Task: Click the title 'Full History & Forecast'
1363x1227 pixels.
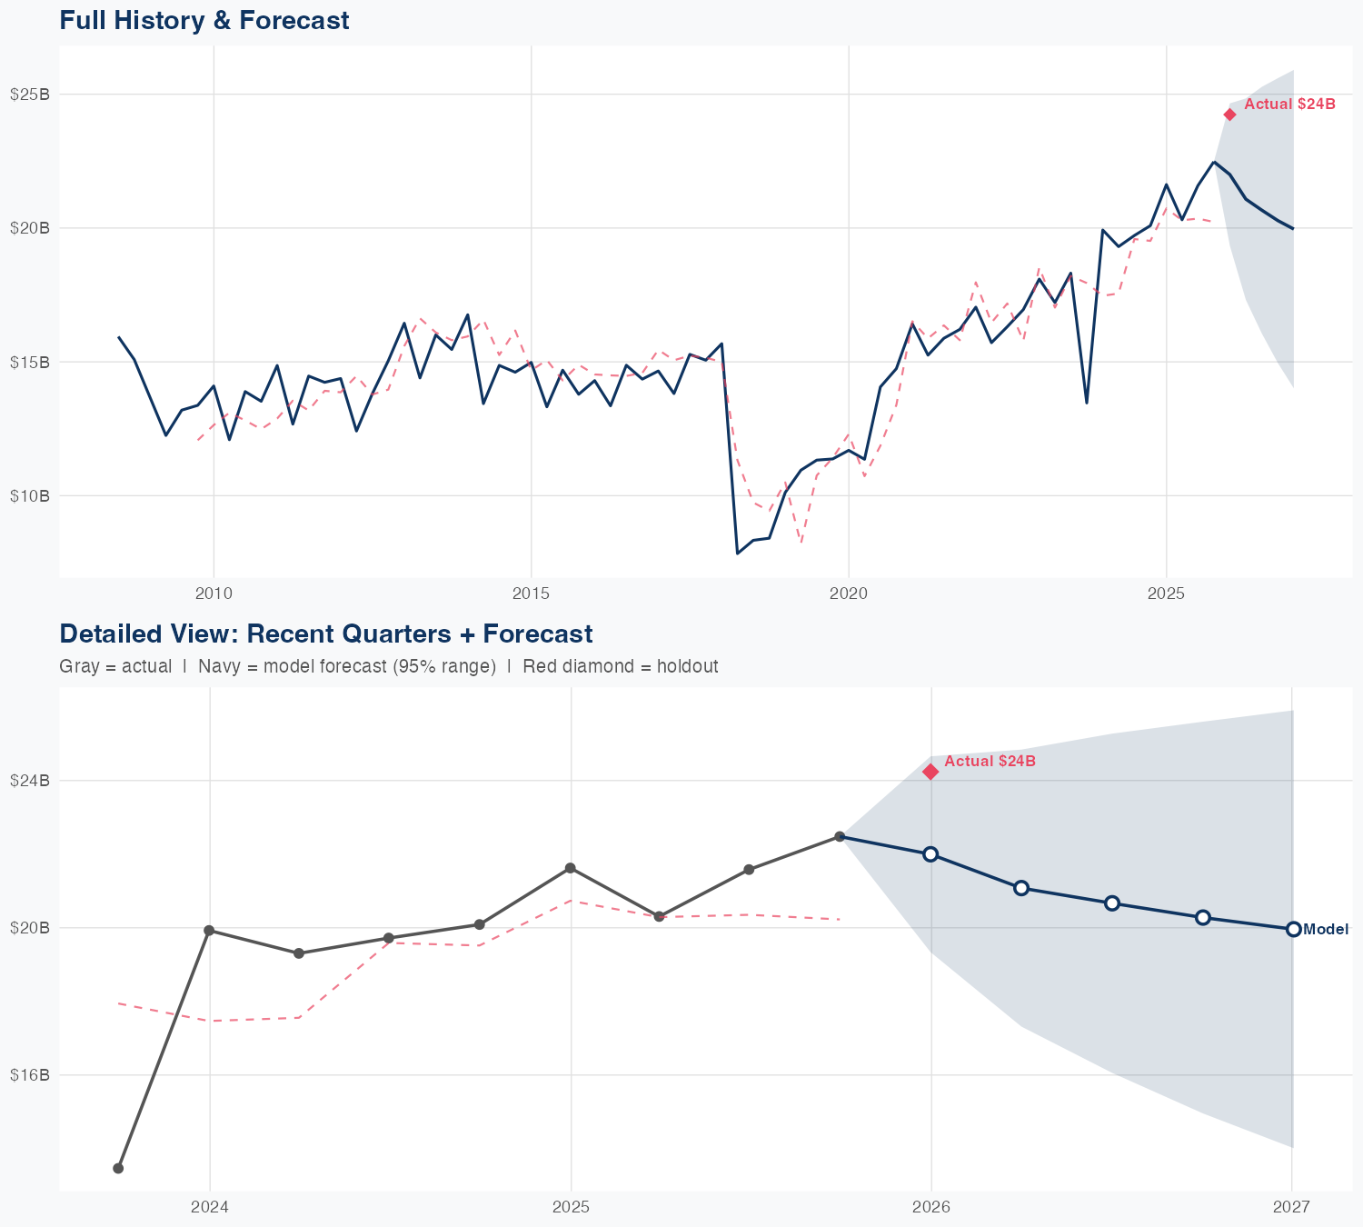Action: click(x=204, y=20)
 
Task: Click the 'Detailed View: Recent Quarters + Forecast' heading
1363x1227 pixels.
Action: click(x=325, y=633)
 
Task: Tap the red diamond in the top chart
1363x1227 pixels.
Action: click(x=1229, y=115)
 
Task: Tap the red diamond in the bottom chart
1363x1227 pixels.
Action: click(x=930, y=772)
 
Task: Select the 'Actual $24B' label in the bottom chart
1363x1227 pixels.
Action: click(x=990, y=762)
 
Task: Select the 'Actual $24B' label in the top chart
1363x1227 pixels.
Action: click(x=1289, y=105)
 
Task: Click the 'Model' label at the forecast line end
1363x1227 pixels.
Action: click(x=1326, y=930)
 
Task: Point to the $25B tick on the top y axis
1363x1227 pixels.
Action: click(x=30, y=95)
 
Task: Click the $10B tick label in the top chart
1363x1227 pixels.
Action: click(x=30, y=496)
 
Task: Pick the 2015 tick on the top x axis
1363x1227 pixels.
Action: click(x=531, y=594)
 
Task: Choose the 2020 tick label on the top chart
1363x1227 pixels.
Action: click(x=849, y=594)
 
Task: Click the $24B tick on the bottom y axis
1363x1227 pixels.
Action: click(x=30, y=781)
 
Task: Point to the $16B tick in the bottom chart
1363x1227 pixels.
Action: click(x=30, y=1075)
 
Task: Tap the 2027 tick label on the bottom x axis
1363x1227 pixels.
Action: click(x=1291, y=1207)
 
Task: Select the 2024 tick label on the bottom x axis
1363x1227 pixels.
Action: click(x=210, y=1207)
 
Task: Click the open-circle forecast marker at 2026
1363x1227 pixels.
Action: click(x=930, y=854)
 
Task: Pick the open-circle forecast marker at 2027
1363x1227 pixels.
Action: click(x=1293, y=929)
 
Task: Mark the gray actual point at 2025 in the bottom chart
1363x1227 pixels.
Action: click(x=570, y=868)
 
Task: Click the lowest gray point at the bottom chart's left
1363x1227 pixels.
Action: click(x=118, y=1168)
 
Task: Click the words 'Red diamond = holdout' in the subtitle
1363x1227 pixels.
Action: click(x=620, y=666)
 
